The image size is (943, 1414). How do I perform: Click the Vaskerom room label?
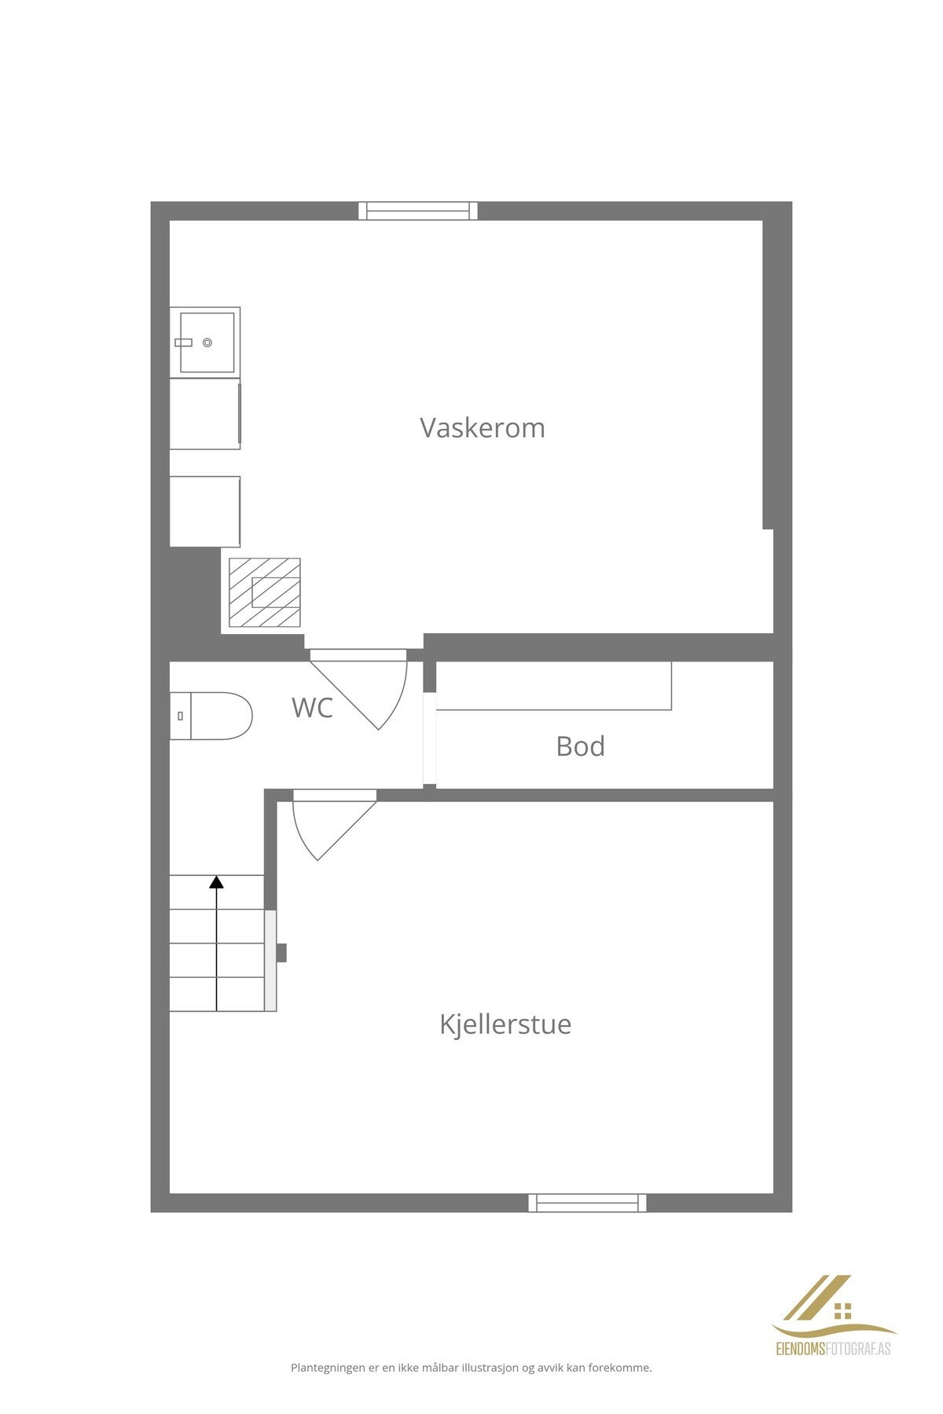(x=482, y=428)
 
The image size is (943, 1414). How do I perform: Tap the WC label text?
(x=312, y=708)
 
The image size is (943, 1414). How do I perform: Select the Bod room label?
(x=580, y=746)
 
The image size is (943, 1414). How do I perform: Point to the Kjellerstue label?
(x=505, y=1024)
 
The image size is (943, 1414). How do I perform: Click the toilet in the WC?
(x=212, y=716)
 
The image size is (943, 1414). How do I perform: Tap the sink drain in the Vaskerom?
(x=207, y=343)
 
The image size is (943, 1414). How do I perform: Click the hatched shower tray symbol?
(x=265, y=592)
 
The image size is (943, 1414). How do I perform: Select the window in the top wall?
(x=418, y=211)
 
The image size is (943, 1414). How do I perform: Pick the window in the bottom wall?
(x=587, y=1203)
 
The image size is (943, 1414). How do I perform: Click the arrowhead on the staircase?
(x=216, y=882)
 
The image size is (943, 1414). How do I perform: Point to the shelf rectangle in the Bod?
(x=553, y=686)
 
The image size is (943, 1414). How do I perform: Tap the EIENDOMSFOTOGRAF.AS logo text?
(x=834, y=1350)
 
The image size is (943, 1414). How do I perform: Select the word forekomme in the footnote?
(x=624, y=1368)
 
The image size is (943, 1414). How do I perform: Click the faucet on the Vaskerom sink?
(x=183, y=343)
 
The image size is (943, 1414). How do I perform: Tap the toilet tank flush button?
(x=181, y=716)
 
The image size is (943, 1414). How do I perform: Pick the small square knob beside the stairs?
(x=281, y=952)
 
